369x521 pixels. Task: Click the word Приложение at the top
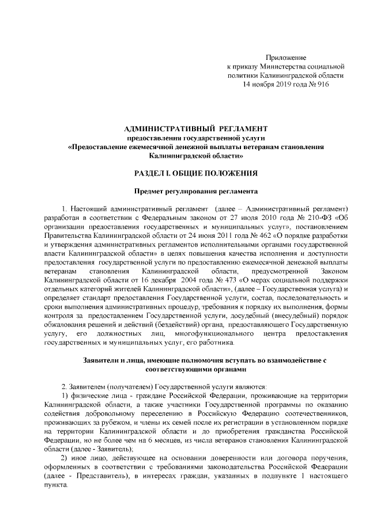[x=285, y=58]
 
